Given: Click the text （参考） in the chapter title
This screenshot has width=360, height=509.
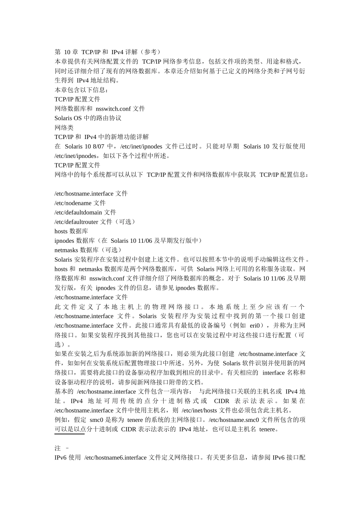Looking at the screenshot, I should [x=150, y=52].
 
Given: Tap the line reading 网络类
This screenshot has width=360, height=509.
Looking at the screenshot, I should [x=64, y=128].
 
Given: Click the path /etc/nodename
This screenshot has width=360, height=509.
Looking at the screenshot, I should [x=73, y=203].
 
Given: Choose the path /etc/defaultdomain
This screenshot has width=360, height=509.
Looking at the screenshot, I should [x=78, y=212].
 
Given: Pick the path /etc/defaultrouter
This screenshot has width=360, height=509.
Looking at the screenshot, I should [x=77, y=222].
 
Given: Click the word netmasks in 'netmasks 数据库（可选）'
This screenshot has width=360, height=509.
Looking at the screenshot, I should [x=66, y=250].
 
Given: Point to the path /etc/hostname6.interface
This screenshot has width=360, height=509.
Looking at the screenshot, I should [x=116, y=458].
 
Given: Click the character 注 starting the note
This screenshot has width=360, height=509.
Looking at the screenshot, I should [x=58, y=448].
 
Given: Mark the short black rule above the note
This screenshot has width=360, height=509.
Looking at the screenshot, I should [x=69, y=434].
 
